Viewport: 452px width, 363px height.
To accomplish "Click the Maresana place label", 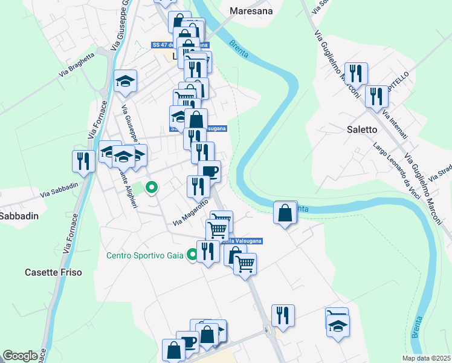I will (251, 11).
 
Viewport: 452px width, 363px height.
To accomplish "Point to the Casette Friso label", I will (53, 272).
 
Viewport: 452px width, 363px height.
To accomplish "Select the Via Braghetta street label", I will (77, 65).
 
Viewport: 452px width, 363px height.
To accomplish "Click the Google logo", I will (20, 356).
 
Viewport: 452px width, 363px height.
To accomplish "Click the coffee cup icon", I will (209, 171).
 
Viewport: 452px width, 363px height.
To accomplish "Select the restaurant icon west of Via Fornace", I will (82, 160).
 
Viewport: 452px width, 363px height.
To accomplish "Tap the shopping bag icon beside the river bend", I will (285, 212).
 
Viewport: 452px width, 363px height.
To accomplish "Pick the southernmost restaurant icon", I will (283, 315).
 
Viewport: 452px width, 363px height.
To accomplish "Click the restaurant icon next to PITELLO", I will (378, 95).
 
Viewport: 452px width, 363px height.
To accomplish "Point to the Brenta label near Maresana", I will (239, 45).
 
